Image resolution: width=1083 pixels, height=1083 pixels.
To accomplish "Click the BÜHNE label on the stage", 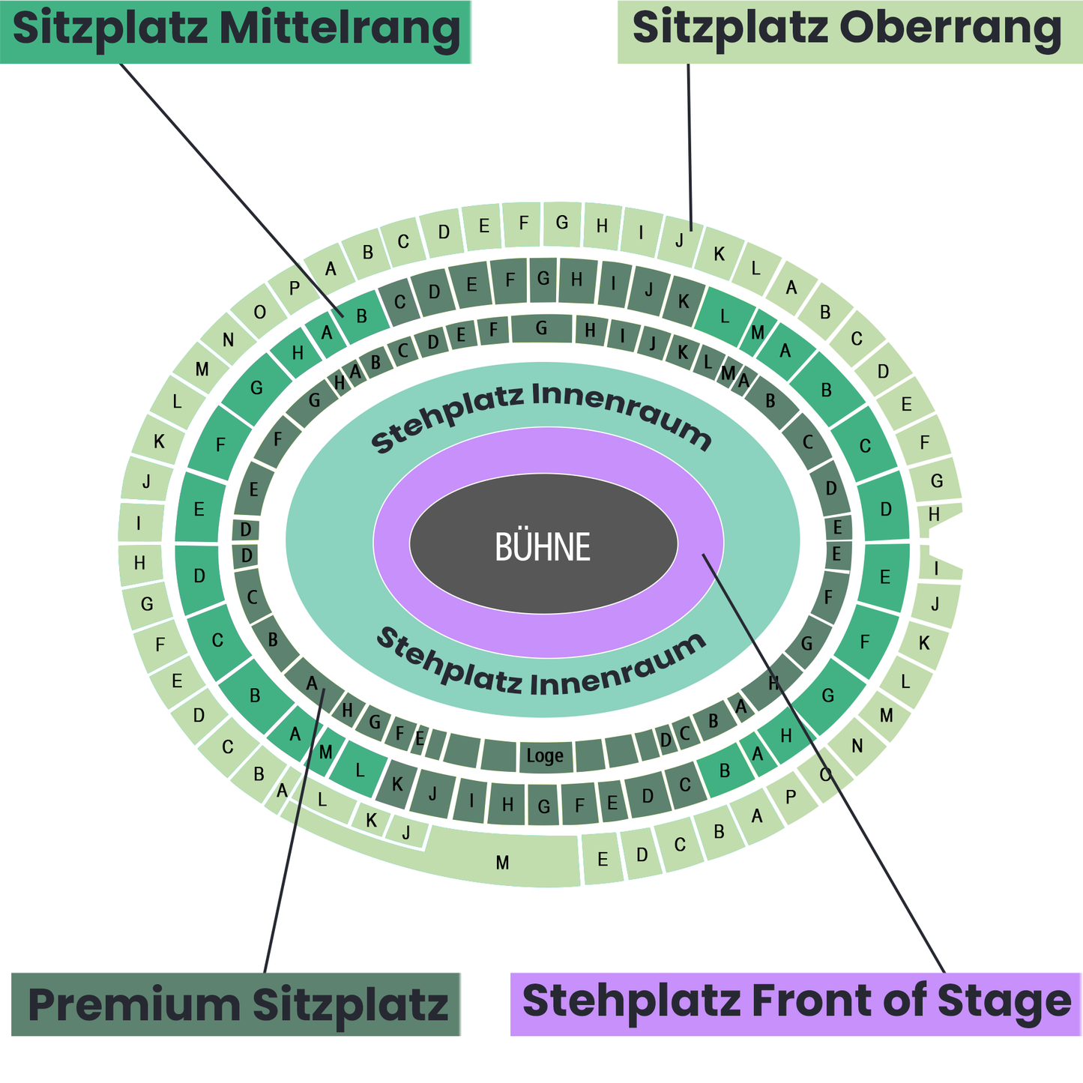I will tap(543, 547).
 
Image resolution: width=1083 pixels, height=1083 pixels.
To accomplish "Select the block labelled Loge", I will tap(545, 755).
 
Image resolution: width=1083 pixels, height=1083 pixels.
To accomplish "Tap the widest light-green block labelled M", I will tap(502, 862).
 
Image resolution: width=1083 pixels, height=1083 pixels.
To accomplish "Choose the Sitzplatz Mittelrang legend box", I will tap(235, 31).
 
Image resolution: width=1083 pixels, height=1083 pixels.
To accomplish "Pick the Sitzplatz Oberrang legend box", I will tap(849, 31).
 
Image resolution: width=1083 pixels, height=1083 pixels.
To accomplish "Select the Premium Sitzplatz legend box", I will tap(235, 1004).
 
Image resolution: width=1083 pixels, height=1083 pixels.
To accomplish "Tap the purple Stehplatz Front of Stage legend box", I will tap(795, 1004).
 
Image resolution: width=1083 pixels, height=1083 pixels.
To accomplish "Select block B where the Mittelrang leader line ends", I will tap(363, 315).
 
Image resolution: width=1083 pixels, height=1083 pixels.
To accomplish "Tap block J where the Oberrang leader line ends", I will tap(680, 240).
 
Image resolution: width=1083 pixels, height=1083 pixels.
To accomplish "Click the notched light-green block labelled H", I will tap(934, 516).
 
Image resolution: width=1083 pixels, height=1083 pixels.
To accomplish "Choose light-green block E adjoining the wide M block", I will tap(603, 859).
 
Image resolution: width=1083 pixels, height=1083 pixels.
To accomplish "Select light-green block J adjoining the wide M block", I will tap(406, 832).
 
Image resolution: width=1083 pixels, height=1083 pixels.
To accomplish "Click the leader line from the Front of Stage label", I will tap(824, 764).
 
